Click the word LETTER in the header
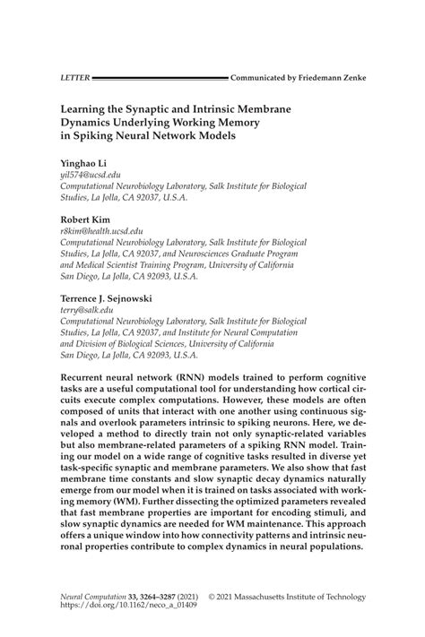pyautogui.click(x=74, y=78)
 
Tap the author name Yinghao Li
pyautogui.click(x=83, y=164)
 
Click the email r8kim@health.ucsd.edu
pyautogui.click(x=101, y=230)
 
